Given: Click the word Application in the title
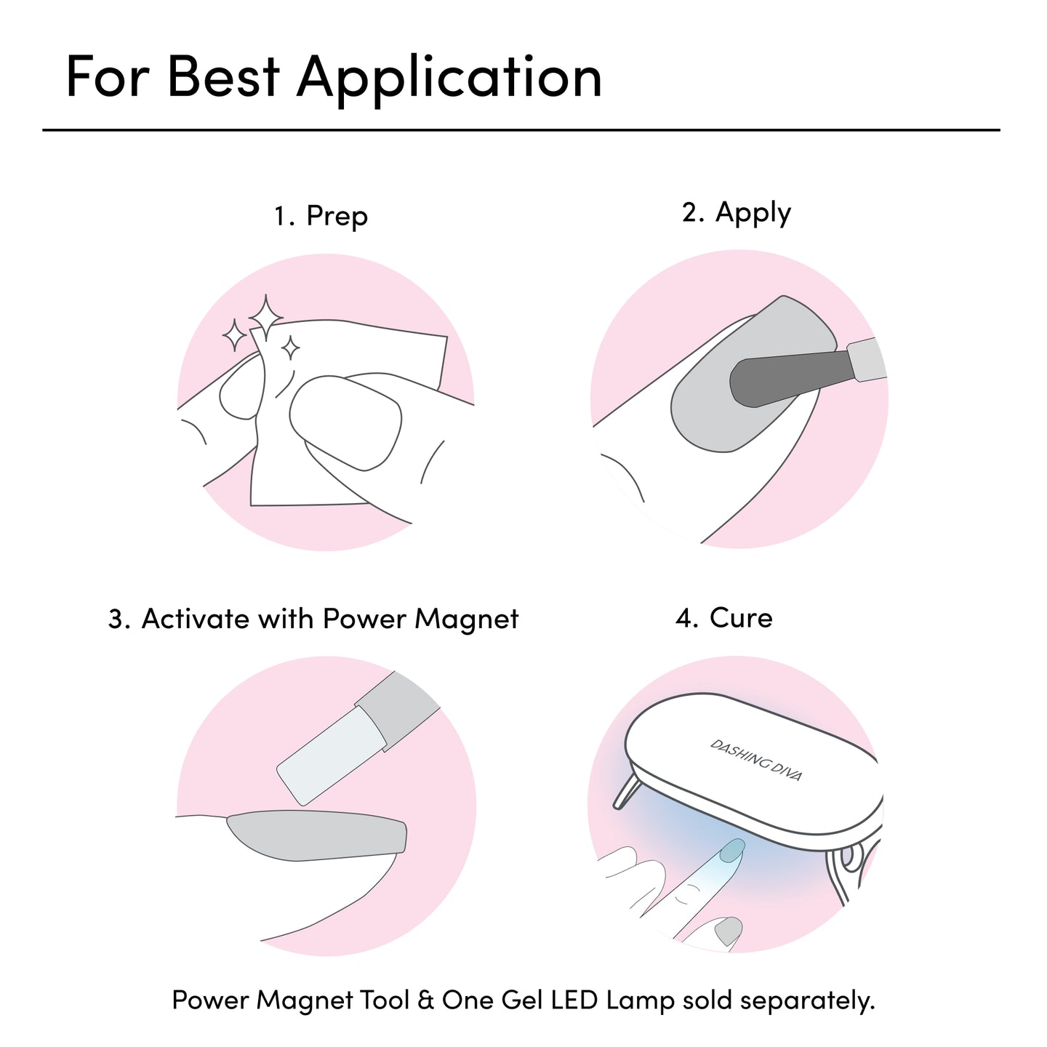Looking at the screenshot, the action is [x=449, y=79].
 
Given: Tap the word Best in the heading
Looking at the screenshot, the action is [x=224, y=76].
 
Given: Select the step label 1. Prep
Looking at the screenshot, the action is [x=321, y=217].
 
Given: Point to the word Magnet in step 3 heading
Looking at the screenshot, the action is [x=466, y=619].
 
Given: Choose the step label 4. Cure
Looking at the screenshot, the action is [x=723, y=618].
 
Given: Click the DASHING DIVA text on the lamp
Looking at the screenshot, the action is [x=755, y=760].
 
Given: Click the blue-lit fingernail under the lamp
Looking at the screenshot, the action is [x=731, y=851].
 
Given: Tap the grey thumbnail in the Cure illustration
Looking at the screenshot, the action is [x=729, y=931].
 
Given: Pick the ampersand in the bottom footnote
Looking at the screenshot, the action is [x=426, y=1000].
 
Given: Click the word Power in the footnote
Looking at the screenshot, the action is [x=210, y=1000].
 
